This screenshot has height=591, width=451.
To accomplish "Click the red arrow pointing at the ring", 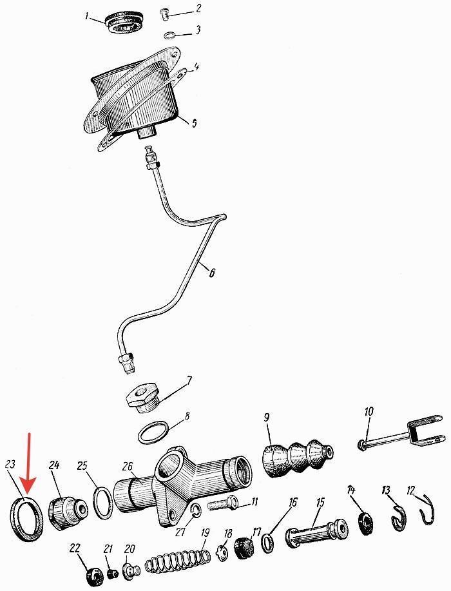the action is click(x=29, y=464).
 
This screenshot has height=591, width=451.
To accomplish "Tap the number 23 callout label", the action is click(x=10, y=464).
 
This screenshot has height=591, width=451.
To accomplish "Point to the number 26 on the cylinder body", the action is click(x=127, y=467).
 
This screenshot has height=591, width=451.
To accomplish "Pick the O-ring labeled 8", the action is click(x=153, y=432).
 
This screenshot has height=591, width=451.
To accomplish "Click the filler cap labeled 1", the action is click(x=124, y=23).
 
